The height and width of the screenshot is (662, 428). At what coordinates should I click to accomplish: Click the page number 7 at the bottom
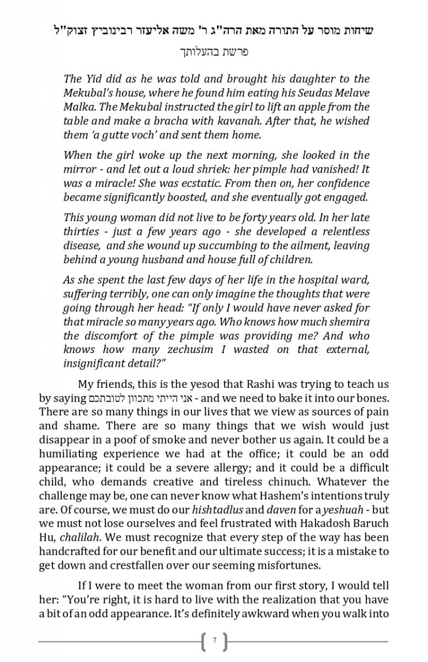tap(214, 642)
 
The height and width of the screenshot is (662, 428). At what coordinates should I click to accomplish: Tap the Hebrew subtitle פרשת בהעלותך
tap(214, 52)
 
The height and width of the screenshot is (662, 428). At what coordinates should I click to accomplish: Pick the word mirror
tap(79, 169)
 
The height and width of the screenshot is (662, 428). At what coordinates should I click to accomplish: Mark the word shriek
tap(236, 169)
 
